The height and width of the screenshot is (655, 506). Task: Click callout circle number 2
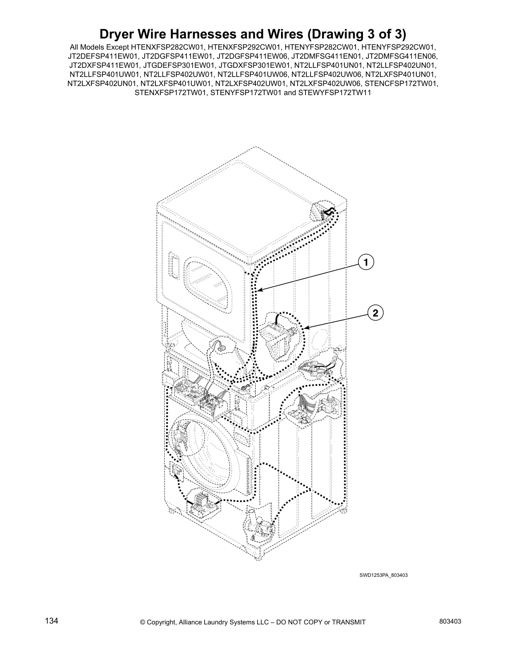[375, 313]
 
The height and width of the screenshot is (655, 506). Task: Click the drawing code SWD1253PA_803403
[383, 575]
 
